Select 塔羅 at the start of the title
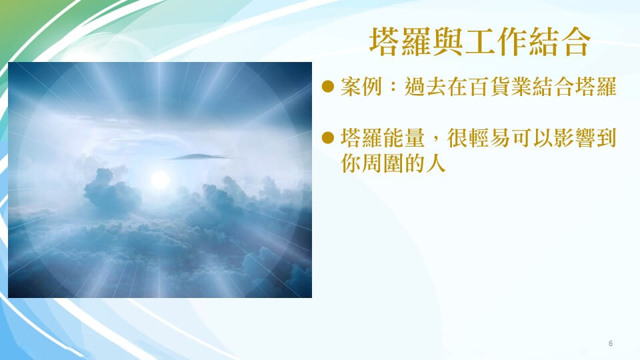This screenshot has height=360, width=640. [401, 41]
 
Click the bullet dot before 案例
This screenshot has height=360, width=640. [328, 87]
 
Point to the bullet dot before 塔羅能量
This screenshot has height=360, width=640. [328, 137]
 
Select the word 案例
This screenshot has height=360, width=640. [361, 87]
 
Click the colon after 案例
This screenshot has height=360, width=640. [393, 87]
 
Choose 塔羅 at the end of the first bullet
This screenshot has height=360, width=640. [596, 87]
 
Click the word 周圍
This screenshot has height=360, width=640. [383, 163]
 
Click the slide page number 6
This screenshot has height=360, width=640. [611, 343]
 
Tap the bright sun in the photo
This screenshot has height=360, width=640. [160, 179]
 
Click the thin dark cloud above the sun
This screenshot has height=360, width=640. [197, 157]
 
